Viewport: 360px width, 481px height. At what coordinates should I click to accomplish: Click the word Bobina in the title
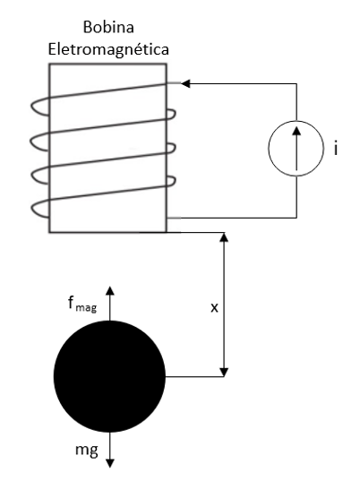coord(108,27)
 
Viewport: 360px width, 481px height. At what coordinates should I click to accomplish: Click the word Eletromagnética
coord(108,49)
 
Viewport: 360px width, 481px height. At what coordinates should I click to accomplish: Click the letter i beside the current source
coord(336,150)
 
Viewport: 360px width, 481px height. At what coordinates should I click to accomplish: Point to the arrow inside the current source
coord(296,148)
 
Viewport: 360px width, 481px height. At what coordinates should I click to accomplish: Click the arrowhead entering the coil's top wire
coord(186,83)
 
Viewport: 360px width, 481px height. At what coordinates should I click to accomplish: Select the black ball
coord(109,376)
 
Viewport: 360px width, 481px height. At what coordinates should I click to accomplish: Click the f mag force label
coord(82,305)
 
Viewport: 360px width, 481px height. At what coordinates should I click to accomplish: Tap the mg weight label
coord(87,450)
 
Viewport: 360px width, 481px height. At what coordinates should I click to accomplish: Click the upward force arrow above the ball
coord(110,303)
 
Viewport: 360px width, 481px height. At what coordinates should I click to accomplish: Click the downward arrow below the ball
coord(110,450)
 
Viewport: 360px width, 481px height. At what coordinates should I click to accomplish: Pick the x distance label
coord(214,307)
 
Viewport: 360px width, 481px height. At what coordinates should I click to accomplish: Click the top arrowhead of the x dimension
coord(224,237)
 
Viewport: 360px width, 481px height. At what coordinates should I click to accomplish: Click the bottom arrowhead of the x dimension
coord(224,372)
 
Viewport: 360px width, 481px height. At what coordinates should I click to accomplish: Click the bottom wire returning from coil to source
coord(232,218)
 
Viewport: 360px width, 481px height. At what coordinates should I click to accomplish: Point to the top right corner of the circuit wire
coord(296,83)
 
